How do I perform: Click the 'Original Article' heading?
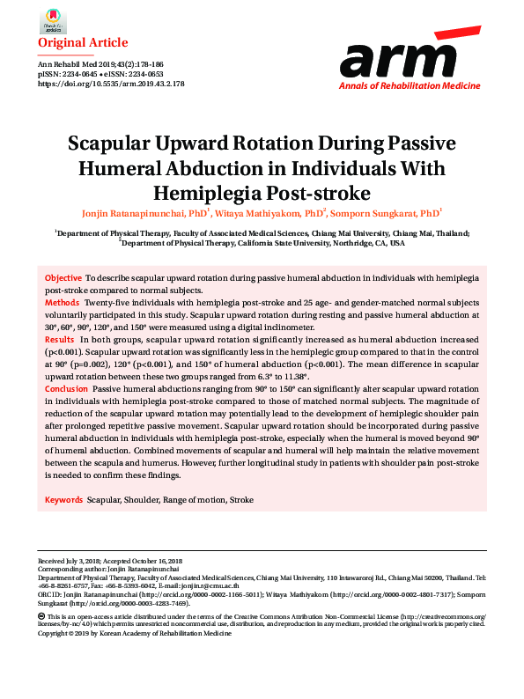[x=83, y=42]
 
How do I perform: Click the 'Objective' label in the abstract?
[x=63, y=278]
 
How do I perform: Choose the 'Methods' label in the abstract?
[x=63, y=302]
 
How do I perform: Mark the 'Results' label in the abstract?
[x=60, y=339]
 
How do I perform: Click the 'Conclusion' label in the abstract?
[x=67, y=388]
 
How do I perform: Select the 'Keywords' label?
[x=64, y=499]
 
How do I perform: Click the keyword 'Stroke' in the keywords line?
[x=241, y=499]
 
